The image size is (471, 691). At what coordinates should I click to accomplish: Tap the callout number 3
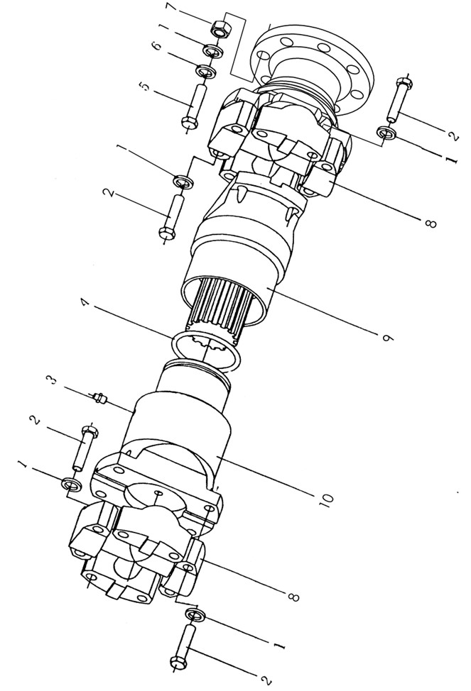tap(53, 379)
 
